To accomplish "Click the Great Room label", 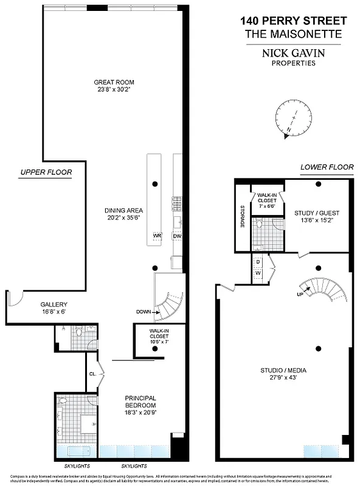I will [x=114, y=82].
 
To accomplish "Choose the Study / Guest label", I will [x=317, y=213].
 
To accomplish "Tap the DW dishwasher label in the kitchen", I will [x=177, y=236].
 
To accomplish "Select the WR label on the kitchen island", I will [x=156, y=236].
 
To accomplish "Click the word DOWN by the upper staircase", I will [x=144, y=312].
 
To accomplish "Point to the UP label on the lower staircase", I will [x=300, y=294].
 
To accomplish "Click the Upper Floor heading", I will [x=46, y=173].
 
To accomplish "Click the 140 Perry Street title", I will [x=293, y=21].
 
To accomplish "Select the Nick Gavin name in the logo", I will [x=293, y=53].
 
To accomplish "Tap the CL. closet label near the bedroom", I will [x=93, y=374].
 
